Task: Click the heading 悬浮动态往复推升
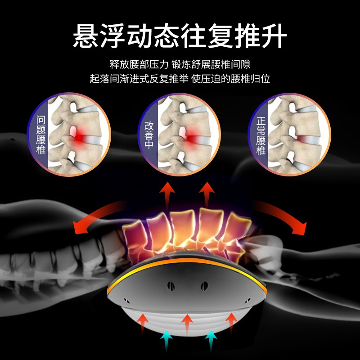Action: coord(180,36)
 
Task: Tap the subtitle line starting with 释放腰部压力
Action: coord(180,64)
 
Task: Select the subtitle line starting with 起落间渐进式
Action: coord(180,78)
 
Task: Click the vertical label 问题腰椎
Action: coord(41,135)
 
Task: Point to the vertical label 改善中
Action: coord(148,135)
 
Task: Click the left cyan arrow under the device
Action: coord(166,340)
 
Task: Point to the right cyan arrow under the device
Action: coord(211,340)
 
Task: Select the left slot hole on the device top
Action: coord(171,286)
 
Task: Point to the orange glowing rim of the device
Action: coord(187,261)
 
